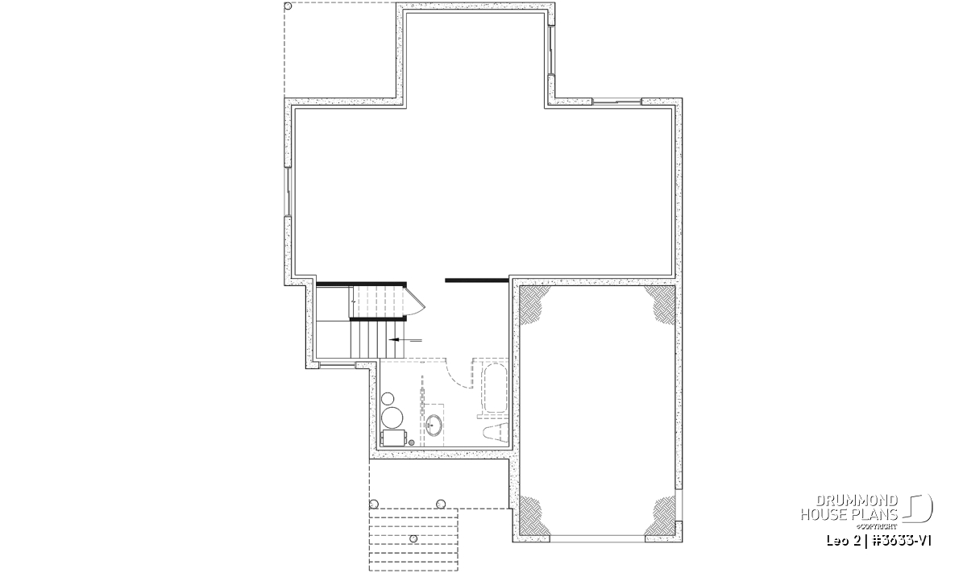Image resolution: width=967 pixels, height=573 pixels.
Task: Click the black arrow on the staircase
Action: click(x=405, y=340)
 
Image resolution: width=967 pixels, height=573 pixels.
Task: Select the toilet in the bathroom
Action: click(x=496, y=433)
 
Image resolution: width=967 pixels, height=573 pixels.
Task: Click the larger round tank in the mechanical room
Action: click(x=392, y=417)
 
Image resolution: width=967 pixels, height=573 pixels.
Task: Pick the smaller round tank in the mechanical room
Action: click(x=388, y=398)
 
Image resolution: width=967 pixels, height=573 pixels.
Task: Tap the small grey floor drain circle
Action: click(x=412, y=442)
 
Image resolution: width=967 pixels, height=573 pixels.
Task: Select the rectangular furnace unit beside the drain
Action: click(x=394, y=438)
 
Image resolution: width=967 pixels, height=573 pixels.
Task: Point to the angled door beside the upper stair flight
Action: click(x=415, y=301)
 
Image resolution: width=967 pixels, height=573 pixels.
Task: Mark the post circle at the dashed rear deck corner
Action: click(x=288, y=6)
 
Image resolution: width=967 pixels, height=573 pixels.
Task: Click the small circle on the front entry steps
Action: click(x=413, y=539)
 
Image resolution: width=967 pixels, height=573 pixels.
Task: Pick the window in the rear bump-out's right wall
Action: click(x=551, y=50)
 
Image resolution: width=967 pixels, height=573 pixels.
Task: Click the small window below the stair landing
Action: click(x=337, y=365)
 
